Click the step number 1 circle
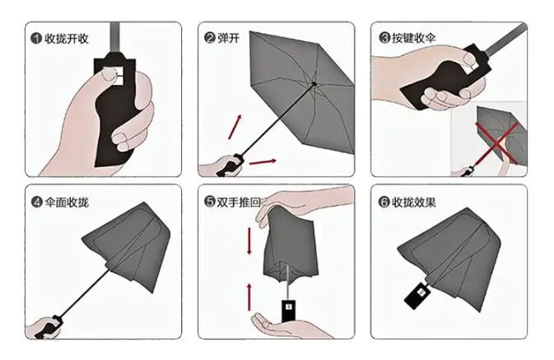tap(36, 37)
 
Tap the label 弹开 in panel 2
tap(229, 37)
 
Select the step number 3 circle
tap(384, 37)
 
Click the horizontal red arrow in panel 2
tap(262, 161)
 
